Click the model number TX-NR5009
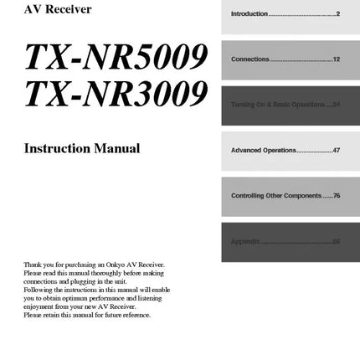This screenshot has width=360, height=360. tap(116, 57)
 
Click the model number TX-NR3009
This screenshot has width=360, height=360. tap(116, 98)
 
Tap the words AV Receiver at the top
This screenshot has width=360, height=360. tap(59, 10)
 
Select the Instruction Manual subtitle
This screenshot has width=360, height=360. tap(82, 149)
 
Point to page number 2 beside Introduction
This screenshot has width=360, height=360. tap(337, 14)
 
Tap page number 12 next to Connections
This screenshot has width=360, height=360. tap(336, 60)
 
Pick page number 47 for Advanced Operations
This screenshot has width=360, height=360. tap(336, 151)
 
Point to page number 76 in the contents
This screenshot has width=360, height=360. tap(337, 196)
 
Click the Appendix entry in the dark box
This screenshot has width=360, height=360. tap(245, 241)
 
